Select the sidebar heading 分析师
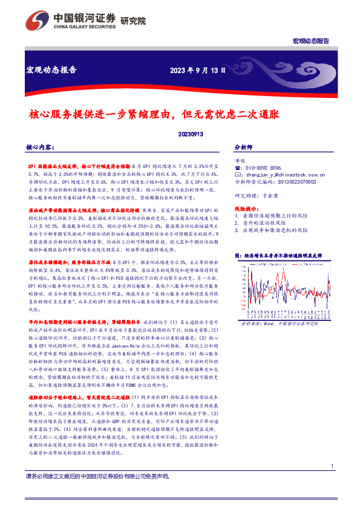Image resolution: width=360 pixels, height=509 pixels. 243,147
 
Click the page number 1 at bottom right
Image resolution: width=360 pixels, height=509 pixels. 333,483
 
